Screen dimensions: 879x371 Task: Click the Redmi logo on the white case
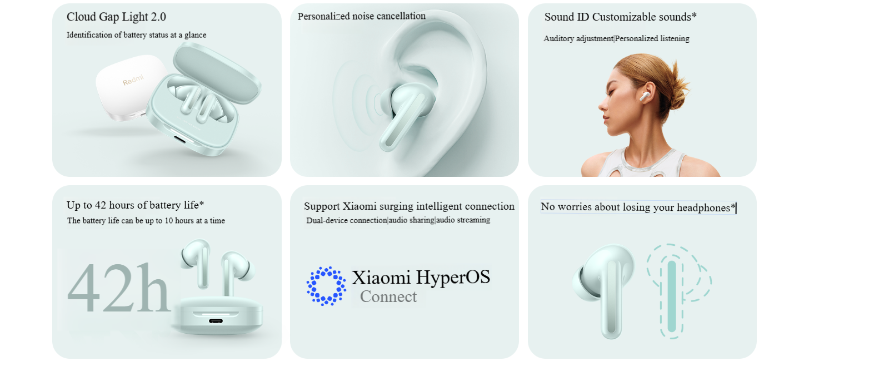point(133,80)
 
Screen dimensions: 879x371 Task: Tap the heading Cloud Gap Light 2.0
point(116,17)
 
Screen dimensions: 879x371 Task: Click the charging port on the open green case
point(180,139)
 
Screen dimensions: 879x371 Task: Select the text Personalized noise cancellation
point(361,16)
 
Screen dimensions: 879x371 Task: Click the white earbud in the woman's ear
point(645,96)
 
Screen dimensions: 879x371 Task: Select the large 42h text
point(119,288)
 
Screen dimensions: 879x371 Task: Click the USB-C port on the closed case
point(216,321)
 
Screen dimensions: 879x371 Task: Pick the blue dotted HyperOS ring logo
point(326,286)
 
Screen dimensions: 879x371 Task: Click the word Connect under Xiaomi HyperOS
point(388,296)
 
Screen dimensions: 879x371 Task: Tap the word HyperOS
point(453,278)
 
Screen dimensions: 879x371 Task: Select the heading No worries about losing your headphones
point(638,207)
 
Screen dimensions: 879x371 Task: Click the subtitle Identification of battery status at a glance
point(136,35)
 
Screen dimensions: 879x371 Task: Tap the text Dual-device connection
point(347,220)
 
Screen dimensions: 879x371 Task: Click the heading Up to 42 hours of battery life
point(135,205)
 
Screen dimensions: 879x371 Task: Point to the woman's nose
point(602,105)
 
